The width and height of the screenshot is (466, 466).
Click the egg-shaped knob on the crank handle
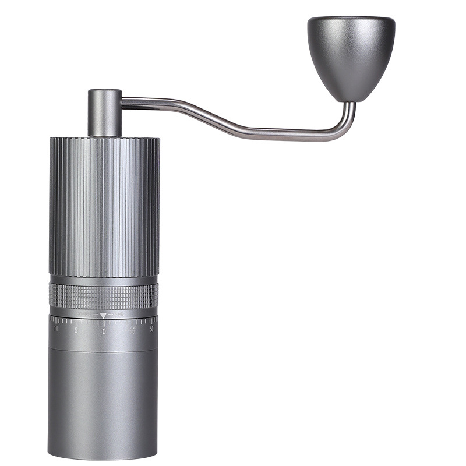pos(351,58)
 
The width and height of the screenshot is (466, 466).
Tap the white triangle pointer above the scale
pos(104,315)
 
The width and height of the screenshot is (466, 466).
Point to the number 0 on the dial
pos(104,331)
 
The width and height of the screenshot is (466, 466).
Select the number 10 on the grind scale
pos(56,329)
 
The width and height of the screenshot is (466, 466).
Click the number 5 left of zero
pos(76,330)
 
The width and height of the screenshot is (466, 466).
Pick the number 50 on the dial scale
pos(151,329)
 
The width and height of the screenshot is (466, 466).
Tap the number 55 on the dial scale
pos(132,330)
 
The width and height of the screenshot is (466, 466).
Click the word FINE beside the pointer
pos(118,315)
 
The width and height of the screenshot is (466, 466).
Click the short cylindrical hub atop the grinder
pos(105,112)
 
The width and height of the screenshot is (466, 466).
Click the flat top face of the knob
pos(351,20)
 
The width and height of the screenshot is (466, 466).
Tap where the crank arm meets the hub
pos(123,103)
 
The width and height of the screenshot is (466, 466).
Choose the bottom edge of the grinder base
pos(103,457)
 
